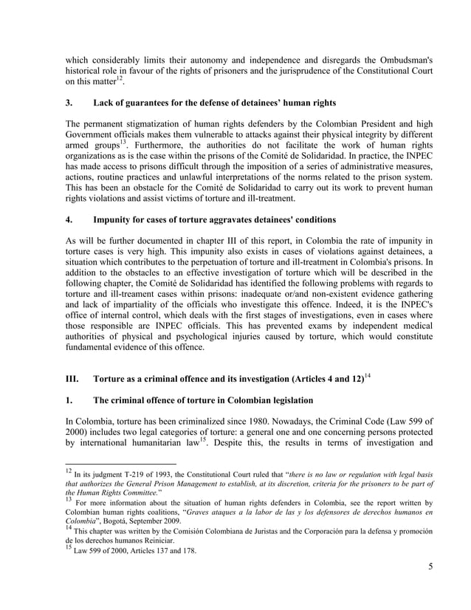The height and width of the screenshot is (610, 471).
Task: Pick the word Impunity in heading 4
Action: (x=115, y=220)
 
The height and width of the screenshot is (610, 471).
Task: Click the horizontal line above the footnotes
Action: (x=121, y=464)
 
